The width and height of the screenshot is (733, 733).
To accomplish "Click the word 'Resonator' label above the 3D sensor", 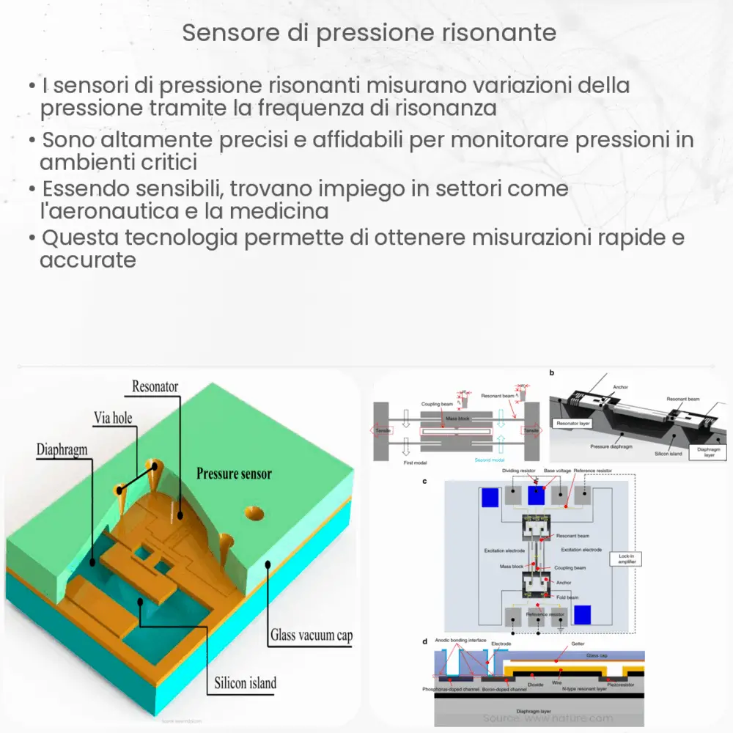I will (x=155, y=386).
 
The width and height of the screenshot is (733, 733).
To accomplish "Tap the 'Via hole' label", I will (x=113, y=418).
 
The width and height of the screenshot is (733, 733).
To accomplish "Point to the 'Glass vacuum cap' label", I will (x=311, y=635).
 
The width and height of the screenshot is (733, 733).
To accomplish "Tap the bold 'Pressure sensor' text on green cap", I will (x=234, y=474).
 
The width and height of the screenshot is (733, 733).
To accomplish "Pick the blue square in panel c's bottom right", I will (x=583, y=614).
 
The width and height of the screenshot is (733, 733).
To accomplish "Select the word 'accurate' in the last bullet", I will (x=88, y=260).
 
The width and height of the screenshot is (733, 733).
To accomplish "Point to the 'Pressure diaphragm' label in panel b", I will (x=607, y=444).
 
